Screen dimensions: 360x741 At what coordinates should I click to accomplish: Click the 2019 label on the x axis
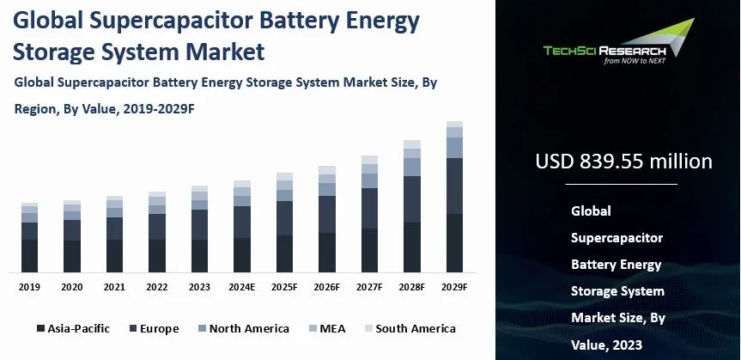[29, 287]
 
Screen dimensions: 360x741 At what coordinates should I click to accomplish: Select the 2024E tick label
[242, 287]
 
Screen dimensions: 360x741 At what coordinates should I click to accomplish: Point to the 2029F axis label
[454, 287]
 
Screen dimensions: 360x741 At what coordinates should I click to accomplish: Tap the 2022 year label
[157, 287]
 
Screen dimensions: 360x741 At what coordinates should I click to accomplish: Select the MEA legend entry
[329, 328]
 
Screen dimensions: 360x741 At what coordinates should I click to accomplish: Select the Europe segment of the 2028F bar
[412, 199]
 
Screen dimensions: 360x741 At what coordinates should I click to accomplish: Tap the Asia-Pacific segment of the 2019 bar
[29, 255]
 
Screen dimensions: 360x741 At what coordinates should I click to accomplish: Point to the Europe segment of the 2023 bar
[199, 224]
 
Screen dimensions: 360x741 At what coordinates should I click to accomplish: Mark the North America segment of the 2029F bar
[454, 147]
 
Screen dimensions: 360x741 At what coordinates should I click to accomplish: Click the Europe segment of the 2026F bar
[327, 214]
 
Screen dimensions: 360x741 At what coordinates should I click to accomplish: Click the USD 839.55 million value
[623, 162]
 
